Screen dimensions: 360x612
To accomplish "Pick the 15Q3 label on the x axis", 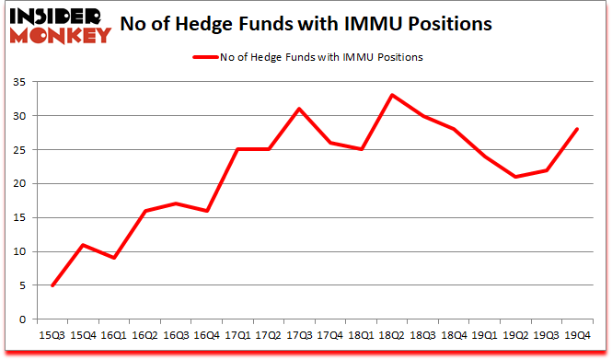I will tap(52, 335).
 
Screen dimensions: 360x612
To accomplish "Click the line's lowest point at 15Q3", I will tap(52, 285).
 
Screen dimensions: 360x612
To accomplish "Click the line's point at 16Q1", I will tap(114, 258).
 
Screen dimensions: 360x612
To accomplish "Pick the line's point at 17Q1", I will tap(238, 149).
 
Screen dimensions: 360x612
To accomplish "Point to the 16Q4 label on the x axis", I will tap(207, 335).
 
